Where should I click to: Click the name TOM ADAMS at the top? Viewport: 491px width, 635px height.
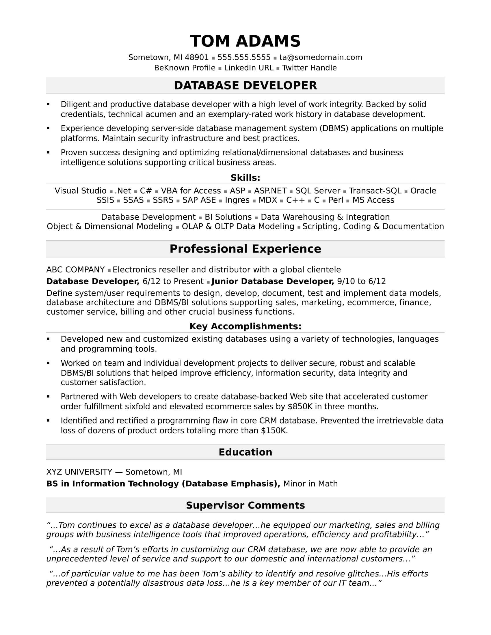[245, 41]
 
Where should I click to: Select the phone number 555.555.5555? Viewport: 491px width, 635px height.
[244, 57]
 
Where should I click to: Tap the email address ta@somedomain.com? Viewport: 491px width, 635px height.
[321, 57]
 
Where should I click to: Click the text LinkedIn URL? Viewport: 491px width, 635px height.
[249, 68]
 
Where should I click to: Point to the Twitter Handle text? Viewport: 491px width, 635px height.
[309, 68]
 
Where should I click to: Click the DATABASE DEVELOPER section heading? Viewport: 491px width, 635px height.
[245, 85]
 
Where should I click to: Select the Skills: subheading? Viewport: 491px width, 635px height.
[245, 178]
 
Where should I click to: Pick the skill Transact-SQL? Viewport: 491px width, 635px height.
[375, 191]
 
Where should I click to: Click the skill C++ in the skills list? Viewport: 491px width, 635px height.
[295, 200]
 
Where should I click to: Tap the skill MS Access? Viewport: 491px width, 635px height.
[373, 200]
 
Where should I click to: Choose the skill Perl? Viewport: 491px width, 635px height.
[336, 200]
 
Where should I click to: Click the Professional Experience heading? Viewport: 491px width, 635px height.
[245, 249]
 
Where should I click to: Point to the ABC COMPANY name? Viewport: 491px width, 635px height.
[75, 270]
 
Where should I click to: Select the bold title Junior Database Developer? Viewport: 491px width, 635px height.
[273, 281]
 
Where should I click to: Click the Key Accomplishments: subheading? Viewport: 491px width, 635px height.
[245, 326]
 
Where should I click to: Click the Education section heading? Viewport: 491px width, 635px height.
[245, 452]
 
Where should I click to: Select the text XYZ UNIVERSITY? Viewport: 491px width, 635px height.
[79, 472]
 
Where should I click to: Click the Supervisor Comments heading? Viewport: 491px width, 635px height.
[245, 505]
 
